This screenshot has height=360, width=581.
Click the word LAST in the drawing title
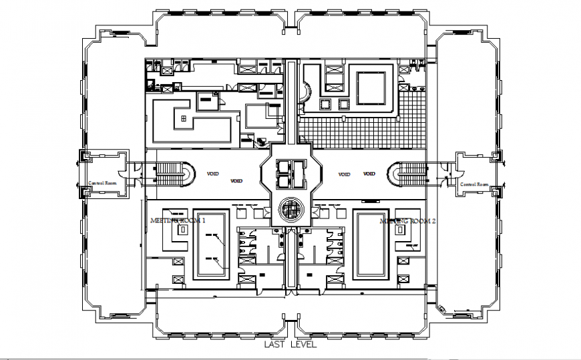tap(275, 345)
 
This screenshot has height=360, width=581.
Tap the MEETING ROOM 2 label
tap(407, 220)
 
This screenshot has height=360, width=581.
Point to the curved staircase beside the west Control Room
tap(175, 176)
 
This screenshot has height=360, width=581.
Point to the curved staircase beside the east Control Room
tap(407, 176)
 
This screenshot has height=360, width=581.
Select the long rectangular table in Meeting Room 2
tap(371, 244)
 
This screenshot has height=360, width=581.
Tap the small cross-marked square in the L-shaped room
tap(182, 118)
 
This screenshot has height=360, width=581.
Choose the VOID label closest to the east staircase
tap(369, 174)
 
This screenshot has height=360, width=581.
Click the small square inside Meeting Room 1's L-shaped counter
tap(182, 229)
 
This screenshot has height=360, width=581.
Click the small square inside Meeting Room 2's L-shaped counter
tap(401, 229)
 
